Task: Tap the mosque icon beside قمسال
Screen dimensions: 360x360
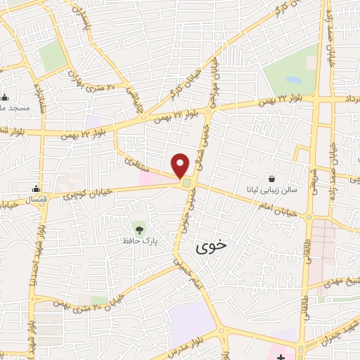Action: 36,189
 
